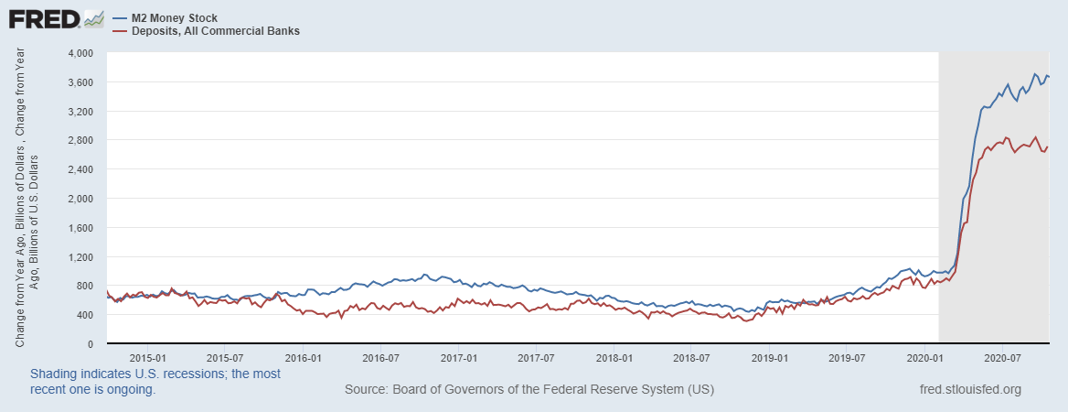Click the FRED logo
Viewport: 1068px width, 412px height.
click(x=41, y=19)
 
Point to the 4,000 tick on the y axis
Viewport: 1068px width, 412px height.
click(x=81, y=53)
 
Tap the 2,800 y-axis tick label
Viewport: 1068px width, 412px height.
click(x=81, y=141)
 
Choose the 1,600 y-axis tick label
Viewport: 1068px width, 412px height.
click(x=81, y=228)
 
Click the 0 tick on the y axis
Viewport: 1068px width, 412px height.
click(x=90, y=344)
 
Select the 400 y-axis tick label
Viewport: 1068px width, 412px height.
click(x=85, y=315)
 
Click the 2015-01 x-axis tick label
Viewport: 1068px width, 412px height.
click(x=147, y=357)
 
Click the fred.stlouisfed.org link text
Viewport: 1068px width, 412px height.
click(x=969, y=390)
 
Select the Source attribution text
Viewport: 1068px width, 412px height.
click(x=529, y=390)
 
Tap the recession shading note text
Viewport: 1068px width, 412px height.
click(x=155, y=382)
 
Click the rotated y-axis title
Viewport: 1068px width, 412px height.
click(x=27, y=199)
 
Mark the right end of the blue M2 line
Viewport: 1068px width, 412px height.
click(x=1048, y=76)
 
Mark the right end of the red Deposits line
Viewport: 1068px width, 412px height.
click(x=1048, y=147)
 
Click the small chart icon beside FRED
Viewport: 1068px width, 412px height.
click(x=93, y=18)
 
